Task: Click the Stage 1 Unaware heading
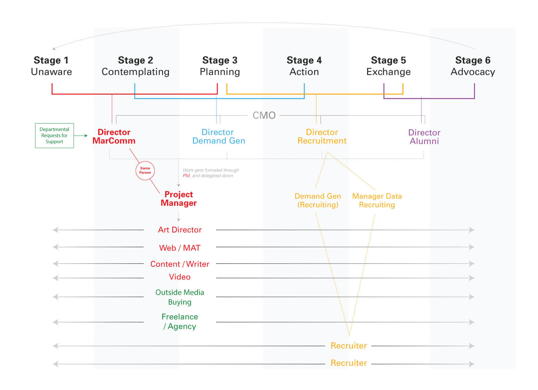pyautogui.click(x=51, y=66)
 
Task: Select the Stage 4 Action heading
pyautogui.click(x=304, y=66)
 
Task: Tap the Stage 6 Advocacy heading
pyautogui.click(x=473, y=66)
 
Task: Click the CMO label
pyautogui.click(x=264, y=116)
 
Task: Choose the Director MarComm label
pyautogui.click(x=114, y=136)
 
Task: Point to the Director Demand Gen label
pyautogui.click(x=219, y=136)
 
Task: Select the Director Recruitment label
pyautogui.click(x=322, y=136)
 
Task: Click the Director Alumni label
pyautogui.click(x=424, y=137)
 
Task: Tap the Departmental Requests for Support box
pyautogui.click(x=55, y=136)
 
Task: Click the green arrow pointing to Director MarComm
pyautogui.click(x=81, y=136)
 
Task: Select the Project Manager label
pyautogui.click(x=179, y=199)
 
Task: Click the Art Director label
pyautogui.click(x=180, y=230)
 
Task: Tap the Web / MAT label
pyautogui.click(x=180, y=248)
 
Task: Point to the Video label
pyautogui.click(x=180, y=277)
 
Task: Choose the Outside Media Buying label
pyautogui.click(x=180, y=297)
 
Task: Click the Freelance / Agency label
pyautogui.click(x=180, y=321)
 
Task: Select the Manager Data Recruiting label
pyautogui.click(x=377, y=201)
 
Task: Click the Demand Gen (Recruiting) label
pyautogui.click(x=318, y=201)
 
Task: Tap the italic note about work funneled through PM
pyautogui.click(x=211, y=173)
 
